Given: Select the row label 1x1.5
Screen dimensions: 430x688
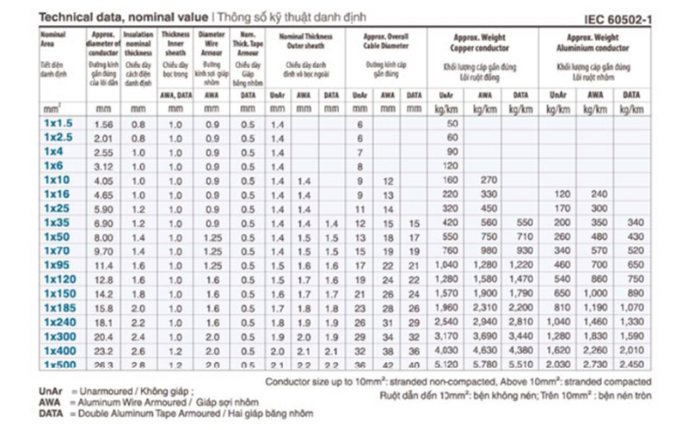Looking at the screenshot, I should [58, 124].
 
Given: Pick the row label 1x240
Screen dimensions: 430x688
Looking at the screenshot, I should [58, 321].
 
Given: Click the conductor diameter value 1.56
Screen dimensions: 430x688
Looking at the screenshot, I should [103, 124].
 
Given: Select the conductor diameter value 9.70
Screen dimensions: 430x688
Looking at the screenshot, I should [103, 250].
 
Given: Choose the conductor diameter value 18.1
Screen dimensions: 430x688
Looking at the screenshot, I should [103, 321].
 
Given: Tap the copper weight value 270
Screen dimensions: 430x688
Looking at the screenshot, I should [488, 181].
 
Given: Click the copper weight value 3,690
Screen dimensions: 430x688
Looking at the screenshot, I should [488, 335].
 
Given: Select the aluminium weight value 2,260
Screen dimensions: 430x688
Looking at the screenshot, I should [595, 349].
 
